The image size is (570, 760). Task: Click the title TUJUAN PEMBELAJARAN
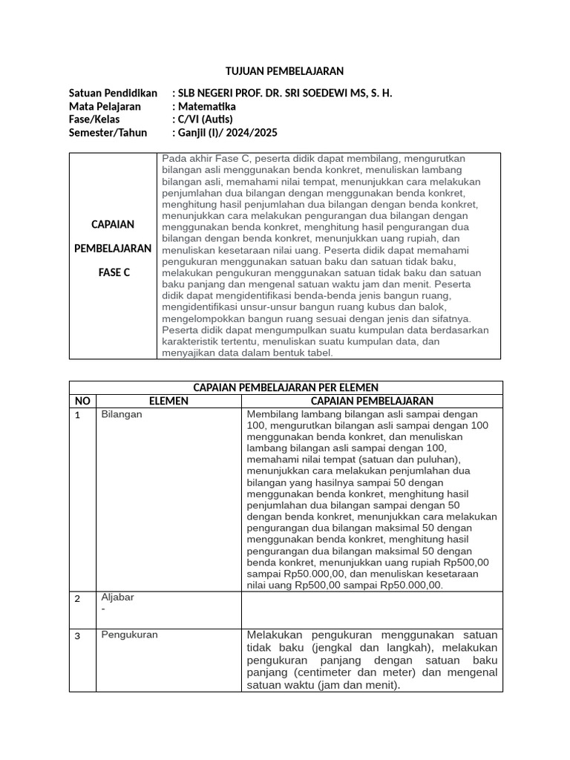coord(285,71)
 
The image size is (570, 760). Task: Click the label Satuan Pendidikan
coord(113,93)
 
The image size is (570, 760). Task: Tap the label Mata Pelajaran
coord(105,106)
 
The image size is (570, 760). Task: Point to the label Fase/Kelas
coord(94,119)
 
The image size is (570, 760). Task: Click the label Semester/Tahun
coord(108,133)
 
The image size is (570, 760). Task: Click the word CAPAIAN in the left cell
coord(113,224)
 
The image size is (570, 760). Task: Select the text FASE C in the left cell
coord(114,272)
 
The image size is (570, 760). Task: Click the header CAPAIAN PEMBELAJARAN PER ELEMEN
coord(286,387)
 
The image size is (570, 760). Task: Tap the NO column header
coord(82,401)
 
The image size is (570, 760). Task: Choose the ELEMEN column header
coord(168,401)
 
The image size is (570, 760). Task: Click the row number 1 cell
coord(77,415)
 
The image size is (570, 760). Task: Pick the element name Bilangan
coord(122,414)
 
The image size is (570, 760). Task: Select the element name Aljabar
coord(117,597)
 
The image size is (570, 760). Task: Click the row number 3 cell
coord(77,636)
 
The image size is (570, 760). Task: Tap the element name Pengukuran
coord(129,635)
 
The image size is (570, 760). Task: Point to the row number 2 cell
coord(77,599)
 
